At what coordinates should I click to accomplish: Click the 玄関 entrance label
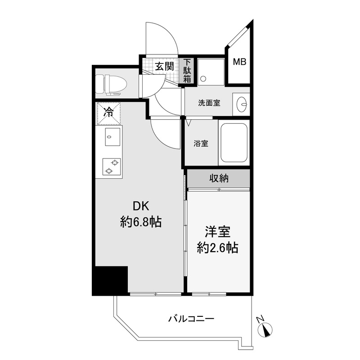tap(164, 67)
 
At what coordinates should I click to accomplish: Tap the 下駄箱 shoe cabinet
tap(187, 71)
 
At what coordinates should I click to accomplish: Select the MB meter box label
tap(240, 62)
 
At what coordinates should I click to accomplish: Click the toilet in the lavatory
tap(111, 85)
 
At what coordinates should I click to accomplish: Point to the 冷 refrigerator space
tap(108, 113)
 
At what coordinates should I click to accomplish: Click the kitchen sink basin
tap(112, 137)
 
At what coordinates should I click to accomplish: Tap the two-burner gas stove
tap(112, 166)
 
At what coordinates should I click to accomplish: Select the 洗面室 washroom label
tap(209, 103)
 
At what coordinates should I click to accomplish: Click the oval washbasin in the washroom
tap(242, 104)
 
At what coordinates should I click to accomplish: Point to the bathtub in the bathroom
tap(234, 143)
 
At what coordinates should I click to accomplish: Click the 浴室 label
tap(201, 144)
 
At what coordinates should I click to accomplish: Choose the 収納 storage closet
tap(218, 178)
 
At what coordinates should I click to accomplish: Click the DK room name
tap(141, 206)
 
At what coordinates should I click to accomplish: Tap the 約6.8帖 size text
tap(141, 222)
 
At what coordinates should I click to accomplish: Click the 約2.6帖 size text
tap(217, 247)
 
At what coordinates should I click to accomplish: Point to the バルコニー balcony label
tap(191, 319)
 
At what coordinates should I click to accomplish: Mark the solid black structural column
tap(110, 281)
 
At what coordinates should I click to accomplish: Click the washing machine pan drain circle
tap(203, 79)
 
